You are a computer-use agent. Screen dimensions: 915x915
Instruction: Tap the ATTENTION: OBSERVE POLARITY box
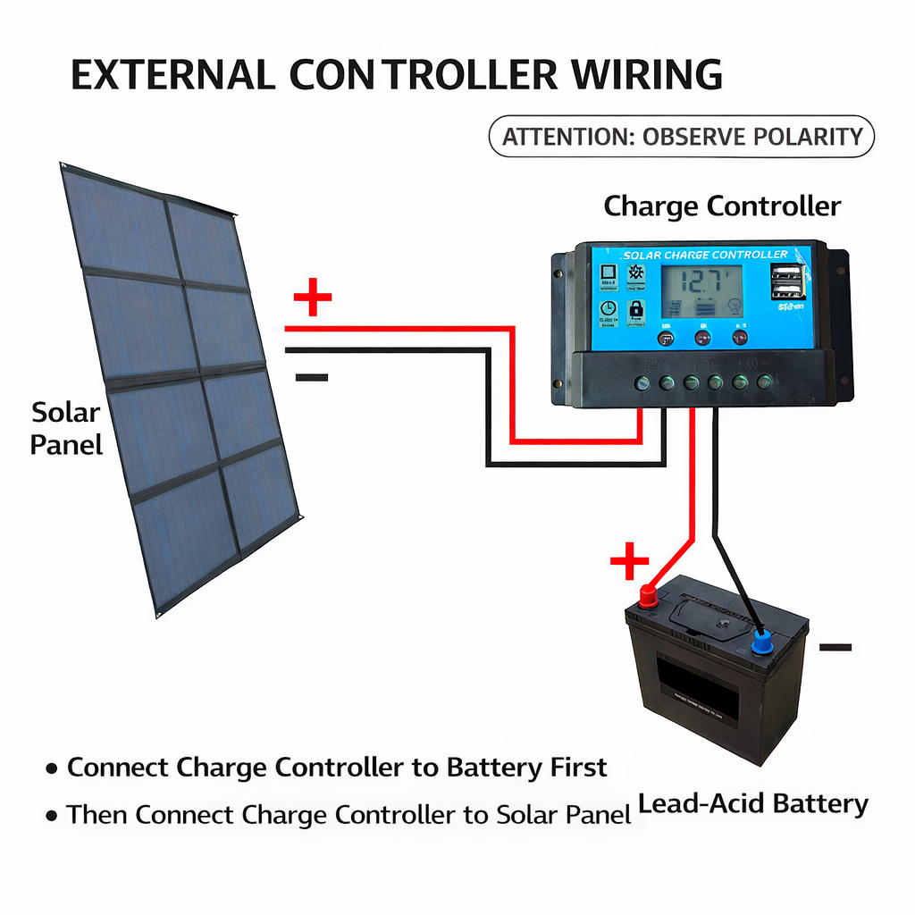(x=682, y=137)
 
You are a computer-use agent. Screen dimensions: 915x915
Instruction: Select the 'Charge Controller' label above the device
(x=722, y=206)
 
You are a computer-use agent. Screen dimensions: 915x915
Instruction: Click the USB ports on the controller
(x=787, y=281)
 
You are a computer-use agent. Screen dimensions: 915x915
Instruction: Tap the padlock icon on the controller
(x=636, y=309)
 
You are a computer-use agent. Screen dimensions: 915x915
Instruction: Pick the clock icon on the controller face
(x=608, y=309)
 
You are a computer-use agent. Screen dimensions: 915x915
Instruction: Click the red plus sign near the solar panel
(x=312, y=299)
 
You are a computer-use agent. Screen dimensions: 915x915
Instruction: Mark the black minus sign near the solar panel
(x=312, y=377)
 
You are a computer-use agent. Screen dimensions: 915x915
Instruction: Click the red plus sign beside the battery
(x=629, y=562)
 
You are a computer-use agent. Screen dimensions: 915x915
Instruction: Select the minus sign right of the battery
(x=835, y=647)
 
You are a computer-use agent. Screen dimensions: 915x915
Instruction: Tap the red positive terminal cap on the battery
(x=648, y=593)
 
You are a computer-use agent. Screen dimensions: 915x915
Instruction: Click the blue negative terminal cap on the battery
(x=762, y=641)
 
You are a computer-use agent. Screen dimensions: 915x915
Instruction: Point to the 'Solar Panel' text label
(x=66, y=428)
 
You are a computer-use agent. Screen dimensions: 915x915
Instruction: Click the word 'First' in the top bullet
(x=578, y=767)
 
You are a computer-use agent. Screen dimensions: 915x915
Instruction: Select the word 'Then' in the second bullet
(x=98, y=814)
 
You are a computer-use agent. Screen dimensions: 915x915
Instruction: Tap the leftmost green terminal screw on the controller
(x=642, y=383)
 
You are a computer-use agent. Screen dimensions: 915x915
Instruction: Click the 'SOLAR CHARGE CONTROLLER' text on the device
(x=706, y=255)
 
